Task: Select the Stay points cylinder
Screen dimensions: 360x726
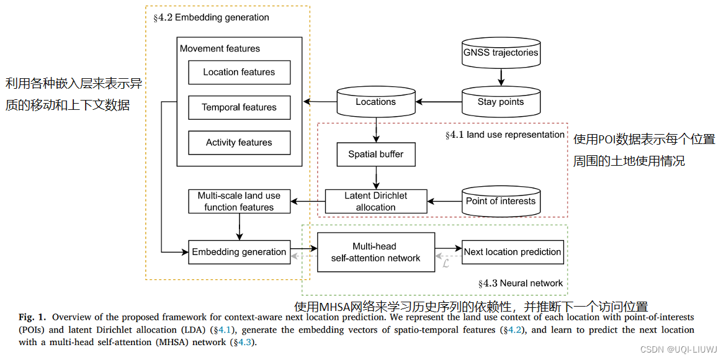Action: [x=501, y=102]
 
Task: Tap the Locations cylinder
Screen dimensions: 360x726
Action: [x=375, y=102]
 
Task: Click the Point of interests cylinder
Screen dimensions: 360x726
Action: [x=501, y=201]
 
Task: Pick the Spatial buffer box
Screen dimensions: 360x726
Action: [x=375, y=155]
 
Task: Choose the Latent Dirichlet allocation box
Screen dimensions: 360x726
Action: [x=375, y=201]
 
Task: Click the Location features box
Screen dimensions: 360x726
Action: [x=239, y=73]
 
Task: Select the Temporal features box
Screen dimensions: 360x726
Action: [x=239, y=107]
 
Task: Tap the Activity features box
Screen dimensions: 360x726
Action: [x=239, y=143]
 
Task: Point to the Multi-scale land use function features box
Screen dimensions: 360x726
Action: [x=239, y=201]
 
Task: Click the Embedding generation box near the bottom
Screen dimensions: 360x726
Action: [x=239, y=252]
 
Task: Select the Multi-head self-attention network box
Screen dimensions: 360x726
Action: [x=375, y=252]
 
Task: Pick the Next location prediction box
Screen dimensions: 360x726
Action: [x=513, y=252]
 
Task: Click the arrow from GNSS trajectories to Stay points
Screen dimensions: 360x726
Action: [x=501, y=78]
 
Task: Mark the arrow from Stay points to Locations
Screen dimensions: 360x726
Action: [x=439, y=102]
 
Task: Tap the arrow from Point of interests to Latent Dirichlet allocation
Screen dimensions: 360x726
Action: [x=444, y=201]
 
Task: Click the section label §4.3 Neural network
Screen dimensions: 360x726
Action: [x=520, y=284]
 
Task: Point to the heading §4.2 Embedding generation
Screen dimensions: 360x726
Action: [x=211, y=17]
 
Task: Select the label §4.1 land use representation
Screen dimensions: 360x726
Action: [x=504, y=135]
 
